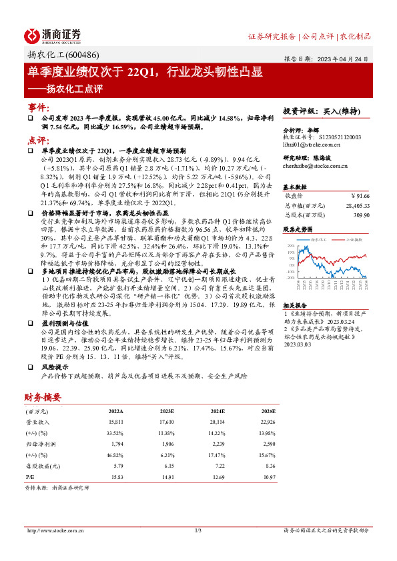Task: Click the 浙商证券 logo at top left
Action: (x=53, y=34)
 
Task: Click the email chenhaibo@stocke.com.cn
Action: (x=316, y=165)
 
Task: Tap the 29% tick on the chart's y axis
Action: (x=291, y=246)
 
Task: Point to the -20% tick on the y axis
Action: (x=290, y=278)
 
